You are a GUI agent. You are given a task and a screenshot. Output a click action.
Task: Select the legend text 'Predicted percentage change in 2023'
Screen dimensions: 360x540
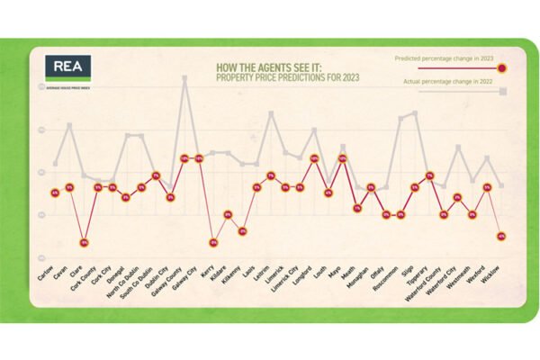444,58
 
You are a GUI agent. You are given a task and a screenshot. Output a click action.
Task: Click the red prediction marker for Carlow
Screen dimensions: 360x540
55,193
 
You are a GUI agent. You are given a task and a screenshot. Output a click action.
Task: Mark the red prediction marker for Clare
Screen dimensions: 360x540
84,242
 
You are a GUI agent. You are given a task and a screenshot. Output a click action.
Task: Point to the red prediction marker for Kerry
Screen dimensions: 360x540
213,242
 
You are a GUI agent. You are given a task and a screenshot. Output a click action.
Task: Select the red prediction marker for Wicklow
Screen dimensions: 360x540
501,236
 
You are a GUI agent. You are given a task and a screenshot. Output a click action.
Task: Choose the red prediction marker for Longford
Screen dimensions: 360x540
314,158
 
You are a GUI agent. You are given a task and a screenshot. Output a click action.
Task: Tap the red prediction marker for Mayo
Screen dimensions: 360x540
343,158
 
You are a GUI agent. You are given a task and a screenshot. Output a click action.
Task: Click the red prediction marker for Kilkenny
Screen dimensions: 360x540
242,231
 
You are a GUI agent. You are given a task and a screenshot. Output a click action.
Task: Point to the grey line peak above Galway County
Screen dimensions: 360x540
184,77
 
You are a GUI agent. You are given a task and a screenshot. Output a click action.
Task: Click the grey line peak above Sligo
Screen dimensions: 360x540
415,112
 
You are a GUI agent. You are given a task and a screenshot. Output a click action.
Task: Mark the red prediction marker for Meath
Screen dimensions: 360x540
357,207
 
